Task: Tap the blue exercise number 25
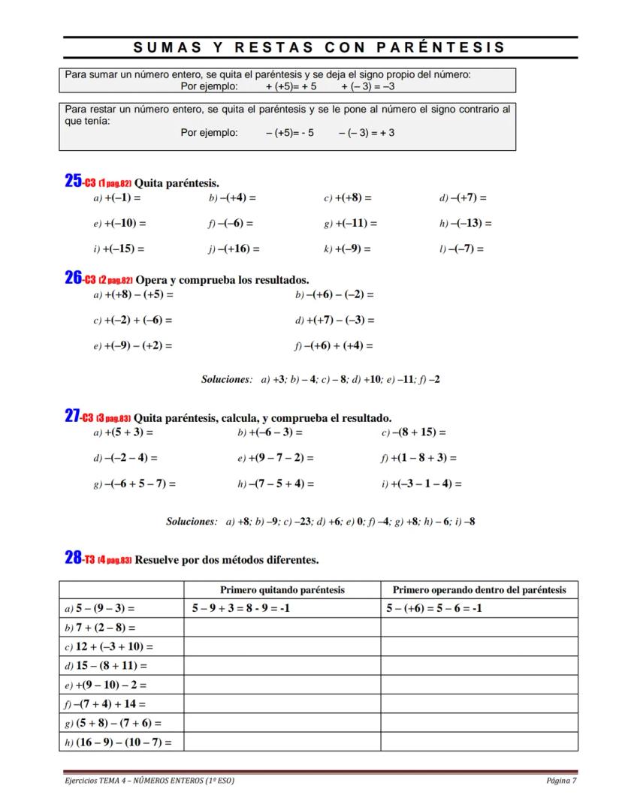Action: tap(73, 181)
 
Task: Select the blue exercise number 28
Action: tap(73, 558)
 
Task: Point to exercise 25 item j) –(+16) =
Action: tap(234, 248)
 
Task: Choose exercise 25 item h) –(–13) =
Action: tap(466, 223)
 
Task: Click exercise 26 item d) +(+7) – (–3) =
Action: tap(335, 320)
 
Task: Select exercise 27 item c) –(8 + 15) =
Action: tap(414, 432)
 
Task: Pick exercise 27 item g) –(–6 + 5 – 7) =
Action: tap(134, 483)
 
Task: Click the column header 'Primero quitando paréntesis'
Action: tap(282, 590)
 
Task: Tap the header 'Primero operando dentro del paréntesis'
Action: tap(479, 590)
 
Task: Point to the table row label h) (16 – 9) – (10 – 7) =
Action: tap(118, 742)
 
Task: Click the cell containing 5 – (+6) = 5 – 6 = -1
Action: tap(434, 608)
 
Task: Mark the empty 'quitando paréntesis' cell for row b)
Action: tap(282, 627)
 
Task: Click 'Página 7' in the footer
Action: tap(562, 780)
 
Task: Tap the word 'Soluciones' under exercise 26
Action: tap(226, 379)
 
